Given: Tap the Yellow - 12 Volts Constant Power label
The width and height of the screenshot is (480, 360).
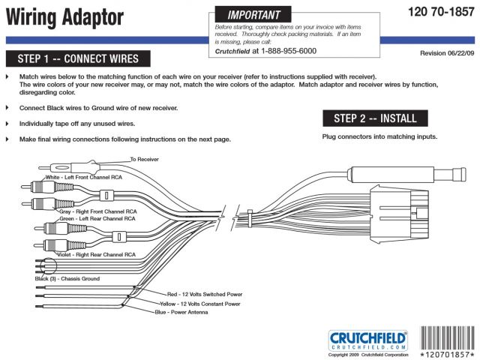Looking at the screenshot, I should point(198,304).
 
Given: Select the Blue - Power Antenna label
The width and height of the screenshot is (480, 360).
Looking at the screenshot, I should point(181,313).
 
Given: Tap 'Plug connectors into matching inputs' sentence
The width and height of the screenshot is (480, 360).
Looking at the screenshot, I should point(379,137).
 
